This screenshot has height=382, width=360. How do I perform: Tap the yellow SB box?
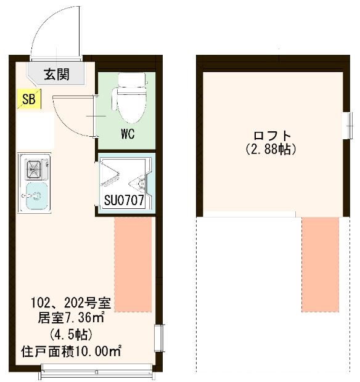coord(28,99)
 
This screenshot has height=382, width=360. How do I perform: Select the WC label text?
coord(128,134)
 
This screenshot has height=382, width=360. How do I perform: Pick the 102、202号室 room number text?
coord(71,303)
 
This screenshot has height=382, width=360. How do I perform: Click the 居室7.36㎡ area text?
coord(71,319)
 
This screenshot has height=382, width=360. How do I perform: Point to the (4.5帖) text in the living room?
coord(71,335)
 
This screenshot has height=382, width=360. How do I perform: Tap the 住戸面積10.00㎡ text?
coord(71,352)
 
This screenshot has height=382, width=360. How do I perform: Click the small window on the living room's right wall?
coord(160,339)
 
